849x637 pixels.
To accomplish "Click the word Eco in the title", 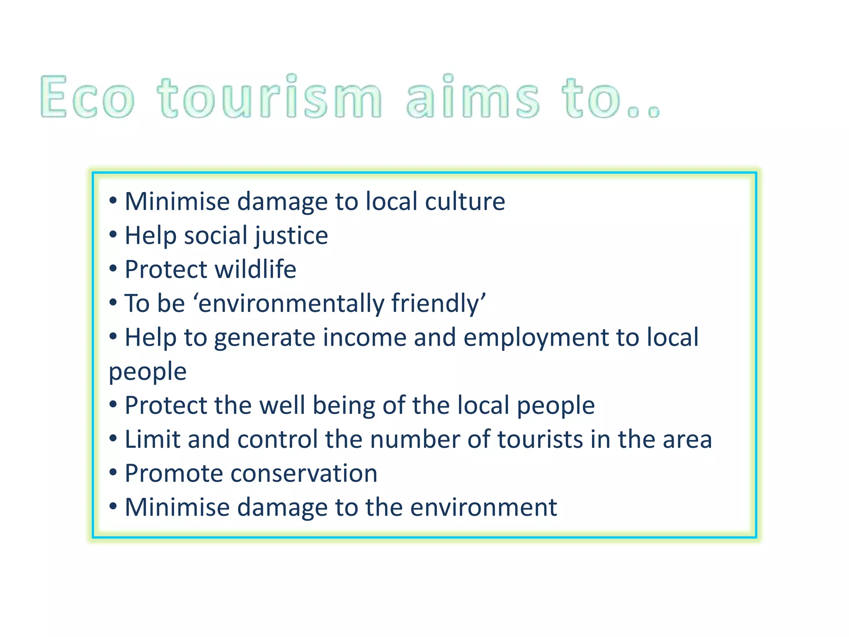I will point(87,97).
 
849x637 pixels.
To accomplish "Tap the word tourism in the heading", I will point(269,97).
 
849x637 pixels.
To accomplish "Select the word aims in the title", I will point(473,97).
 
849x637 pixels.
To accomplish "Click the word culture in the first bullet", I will point(465,202).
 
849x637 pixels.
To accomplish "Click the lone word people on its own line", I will point(148,372).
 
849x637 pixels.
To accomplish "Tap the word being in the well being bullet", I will point(343,405).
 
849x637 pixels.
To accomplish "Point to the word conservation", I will point(304,473).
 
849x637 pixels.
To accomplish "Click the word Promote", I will point(173,473).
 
